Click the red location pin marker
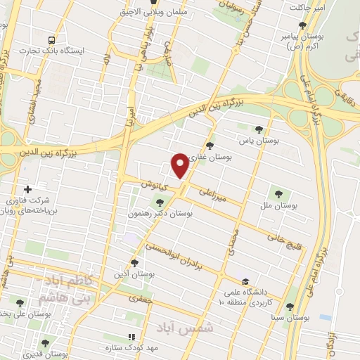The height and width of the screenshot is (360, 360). (181, 165)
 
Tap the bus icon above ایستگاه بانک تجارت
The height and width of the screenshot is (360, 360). (51, 40)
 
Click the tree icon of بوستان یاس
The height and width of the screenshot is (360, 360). (259, 129)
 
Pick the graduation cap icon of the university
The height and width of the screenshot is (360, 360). (244, 278)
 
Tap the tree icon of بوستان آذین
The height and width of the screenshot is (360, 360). (134, 262)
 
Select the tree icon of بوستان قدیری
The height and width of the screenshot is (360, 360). (46, 342)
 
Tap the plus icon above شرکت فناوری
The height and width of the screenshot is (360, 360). (28, 189)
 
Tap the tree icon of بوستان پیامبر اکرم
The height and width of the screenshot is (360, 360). (302, 26)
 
